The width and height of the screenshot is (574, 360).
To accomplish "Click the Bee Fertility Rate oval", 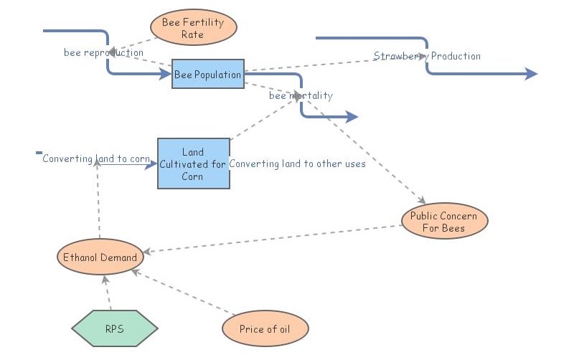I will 193,28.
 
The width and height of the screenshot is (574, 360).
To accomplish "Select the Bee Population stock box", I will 208,75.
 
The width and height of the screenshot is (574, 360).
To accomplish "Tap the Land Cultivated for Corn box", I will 194,164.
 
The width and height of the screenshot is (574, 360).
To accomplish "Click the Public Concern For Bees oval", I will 444,222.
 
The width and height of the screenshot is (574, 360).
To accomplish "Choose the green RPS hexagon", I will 115,329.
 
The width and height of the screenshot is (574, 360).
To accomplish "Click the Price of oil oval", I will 265,329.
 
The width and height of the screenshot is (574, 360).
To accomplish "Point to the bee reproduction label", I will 103,52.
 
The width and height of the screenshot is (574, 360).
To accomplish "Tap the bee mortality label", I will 301,95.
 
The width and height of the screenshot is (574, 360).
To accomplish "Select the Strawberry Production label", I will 427,56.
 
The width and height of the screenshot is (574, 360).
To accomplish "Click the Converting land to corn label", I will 96,158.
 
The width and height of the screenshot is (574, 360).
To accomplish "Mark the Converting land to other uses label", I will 297,164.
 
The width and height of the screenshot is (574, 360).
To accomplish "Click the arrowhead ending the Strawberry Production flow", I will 532,74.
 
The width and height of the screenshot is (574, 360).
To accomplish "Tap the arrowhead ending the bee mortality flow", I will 352,117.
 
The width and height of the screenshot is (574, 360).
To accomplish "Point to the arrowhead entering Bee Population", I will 166,74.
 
